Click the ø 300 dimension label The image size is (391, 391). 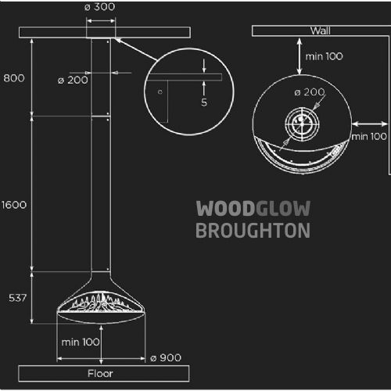pyautogui.click(x=100, y=7)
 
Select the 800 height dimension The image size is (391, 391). pyautogui.click(x=14, y=78)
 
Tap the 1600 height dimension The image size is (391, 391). pyautogui.click(x=14, y=205)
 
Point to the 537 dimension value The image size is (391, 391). pyautogui.click(x=17, y=298)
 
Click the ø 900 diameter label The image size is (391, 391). pyautogui.click(x=166, y=358)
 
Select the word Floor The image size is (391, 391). pyautogui.click(x=100, y=374)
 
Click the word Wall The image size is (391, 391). pyautogui.click(x=321, y=31)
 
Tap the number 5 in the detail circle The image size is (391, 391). pyautogui.click(x=204, y=102)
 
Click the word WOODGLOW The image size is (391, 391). pyautogui.click(x=253, y=209)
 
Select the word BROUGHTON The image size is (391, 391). pyautogui.click(x=253, y=231)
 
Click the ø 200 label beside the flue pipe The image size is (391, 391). pyautogui.click(x=73, y=81)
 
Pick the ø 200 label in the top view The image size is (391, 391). pyautogui.click(x=310, y=92)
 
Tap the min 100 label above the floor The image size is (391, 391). pyautogui.click(x=81, y=343)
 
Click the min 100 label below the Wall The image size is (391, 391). pyautogui.click(x=324, y=56)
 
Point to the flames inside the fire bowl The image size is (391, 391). pyautogui.click(x=100, y=303)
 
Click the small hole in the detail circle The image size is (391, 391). pyautogui.click(x=160, y=91)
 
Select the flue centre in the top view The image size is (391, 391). pyautogui.click(x=302, y=124)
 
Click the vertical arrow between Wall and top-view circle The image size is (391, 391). pyautogui.click(x=300, y=56)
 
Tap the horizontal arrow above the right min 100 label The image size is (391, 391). pyautogui.click(x=370, y=124)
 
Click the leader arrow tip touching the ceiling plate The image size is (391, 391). pyautogui.click(x=115, y=39)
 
